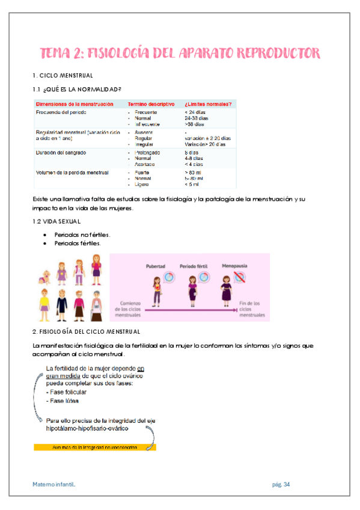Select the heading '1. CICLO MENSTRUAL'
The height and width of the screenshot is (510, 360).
(x=63, y=76)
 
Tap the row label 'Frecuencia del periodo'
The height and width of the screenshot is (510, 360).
(x=61, y=112)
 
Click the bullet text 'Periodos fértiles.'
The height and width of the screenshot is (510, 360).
(x=78, y=244)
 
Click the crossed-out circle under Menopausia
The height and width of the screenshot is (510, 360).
(x=240, y=277)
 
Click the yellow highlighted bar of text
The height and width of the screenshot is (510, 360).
(x=94, y=447)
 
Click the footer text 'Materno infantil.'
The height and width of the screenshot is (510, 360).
(x=55, y=485)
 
